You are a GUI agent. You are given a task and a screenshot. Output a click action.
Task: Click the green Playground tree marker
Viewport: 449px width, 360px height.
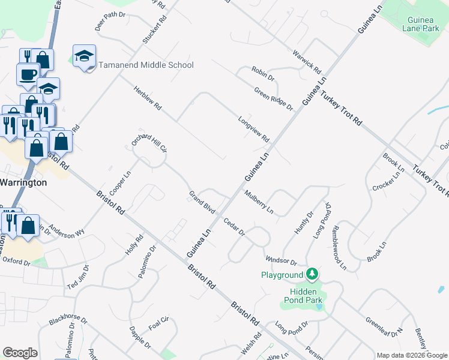click(312, 275)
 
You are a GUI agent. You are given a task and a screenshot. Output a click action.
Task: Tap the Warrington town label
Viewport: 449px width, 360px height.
click(23, 182)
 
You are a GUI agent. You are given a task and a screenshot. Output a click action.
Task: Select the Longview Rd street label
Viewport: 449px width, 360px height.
click(253, 129)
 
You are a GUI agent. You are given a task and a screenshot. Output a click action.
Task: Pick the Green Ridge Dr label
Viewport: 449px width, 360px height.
click(273, 100)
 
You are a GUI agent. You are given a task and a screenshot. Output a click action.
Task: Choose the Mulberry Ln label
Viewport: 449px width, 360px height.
click(259, 202)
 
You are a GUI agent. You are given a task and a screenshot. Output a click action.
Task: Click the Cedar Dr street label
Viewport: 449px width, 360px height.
click(234, 227)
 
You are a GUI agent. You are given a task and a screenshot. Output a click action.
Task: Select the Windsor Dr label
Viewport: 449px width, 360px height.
click(281, 260)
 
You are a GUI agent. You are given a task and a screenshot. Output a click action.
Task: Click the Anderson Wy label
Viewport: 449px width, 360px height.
click(67, 232)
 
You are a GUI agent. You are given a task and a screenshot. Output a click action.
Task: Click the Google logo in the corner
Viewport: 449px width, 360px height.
click(20, 353)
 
